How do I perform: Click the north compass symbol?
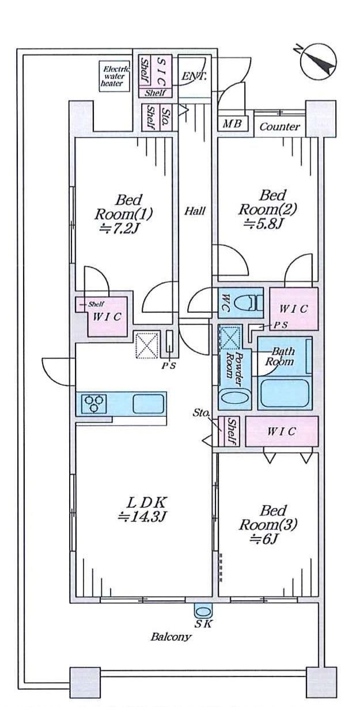point(319,63)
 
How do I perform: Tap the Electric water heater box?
point(114,77)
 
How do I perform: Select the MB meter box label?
point(232,123)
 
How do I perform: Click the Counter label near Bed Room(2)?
point(279,127)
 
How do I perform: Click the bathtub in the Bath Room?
point(285,393)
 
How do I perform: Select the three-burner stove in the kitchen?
point(94,404)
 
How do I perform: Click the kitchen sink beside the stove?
point(149,404)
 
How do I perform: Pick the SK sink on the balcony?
point(203,613)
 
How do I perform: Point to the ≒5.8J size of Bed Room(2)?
point(264,224)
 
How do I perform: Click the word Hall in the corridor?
point(195,211)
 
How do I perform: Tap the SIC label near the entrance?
point(161,71)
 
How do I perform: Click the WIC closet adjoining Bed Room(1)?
point(107,316)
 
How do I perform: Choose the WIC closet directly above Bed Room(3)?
point(282,431)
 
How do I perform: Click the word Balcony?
point(170,637)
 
